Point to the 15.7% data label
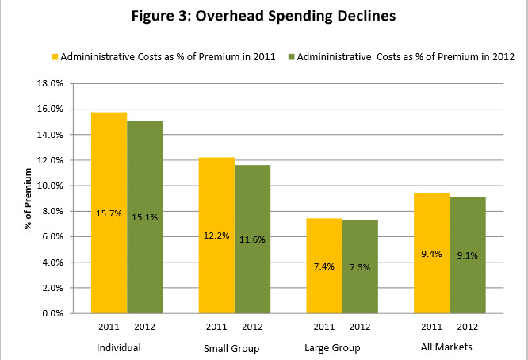coord(109,213)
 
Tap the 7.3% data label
coord(360,267)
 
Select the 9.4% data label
coord(431,254)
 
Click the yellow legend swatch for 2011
coord(55,56)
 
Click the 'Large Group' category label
coord(332,348)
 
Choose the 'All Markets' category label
coord(449,347)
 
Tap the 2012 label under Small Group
coord(253,327)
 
